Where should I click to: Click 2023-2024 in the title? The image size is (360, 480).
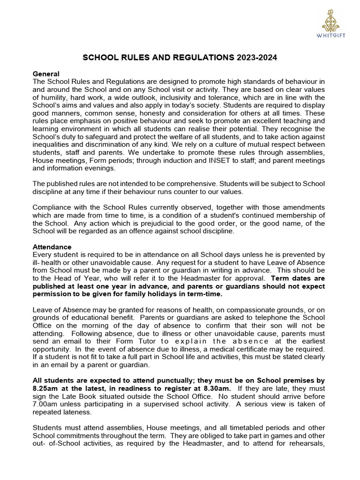(257, 58)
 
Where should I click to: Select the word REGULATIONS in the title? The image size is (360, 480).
(200, 58)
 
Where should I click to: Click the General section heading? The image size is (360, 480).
(46, 74)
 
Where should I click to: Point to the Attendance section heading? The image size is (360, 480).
(52, 247)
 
